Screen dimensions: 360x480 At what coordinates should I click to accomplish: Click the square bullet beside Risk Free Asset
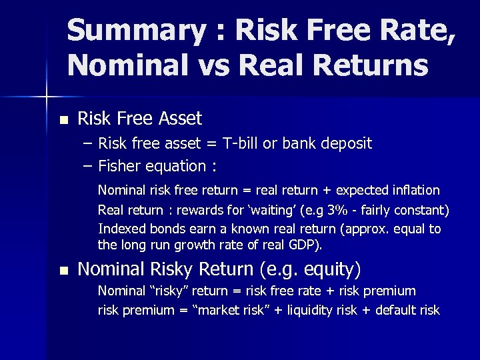[63, 121]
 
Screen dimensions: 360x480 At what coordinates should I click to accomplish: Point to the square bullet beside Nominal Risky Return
[63, 271]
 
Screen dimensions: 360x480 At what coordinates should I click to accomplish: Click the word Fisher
[119, 166]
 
